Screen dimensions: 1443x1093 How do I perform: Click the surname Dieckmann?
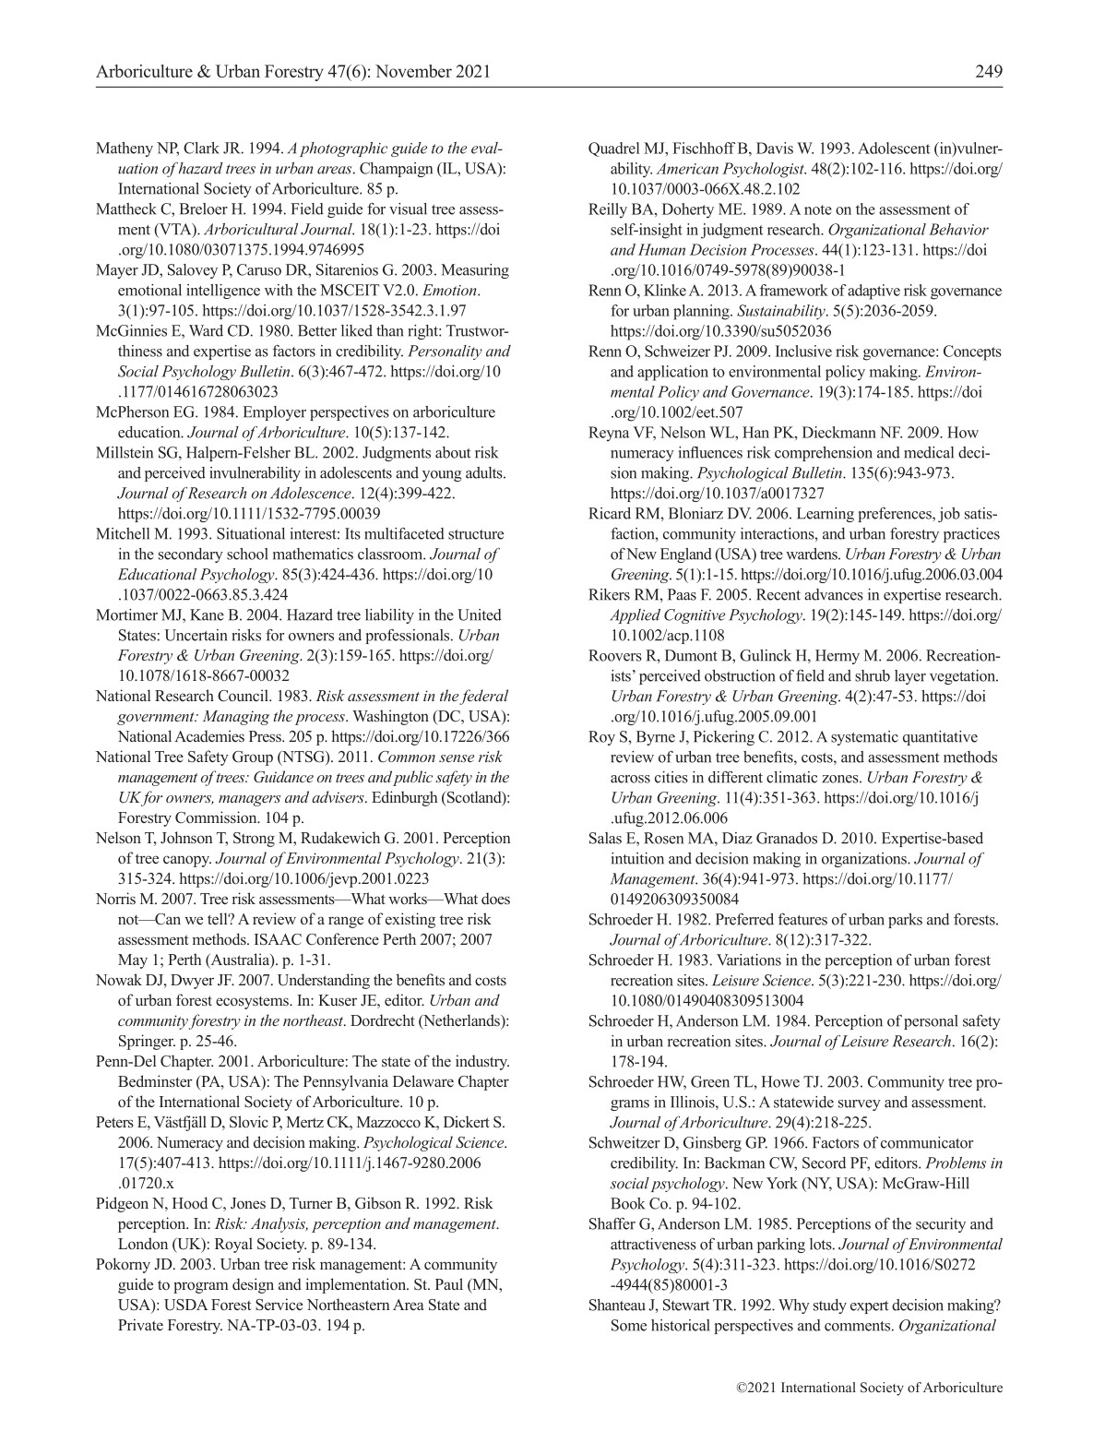[x=849, y=433]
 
